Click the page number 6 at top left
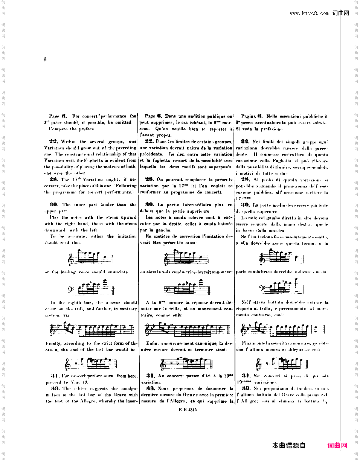coord(45,59)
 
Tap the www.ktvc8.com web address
coord(310,14)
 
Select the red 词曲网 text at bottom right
coord(337,446)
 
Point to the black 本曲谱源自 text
coord(289,446)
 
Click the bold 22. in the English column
coord(53,142)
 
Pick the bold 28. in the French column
coord(149,180)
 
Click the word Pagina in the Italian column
coord(249,117)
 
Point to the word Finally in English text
coord(52,343)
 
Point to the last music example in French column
coord(187,363)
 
